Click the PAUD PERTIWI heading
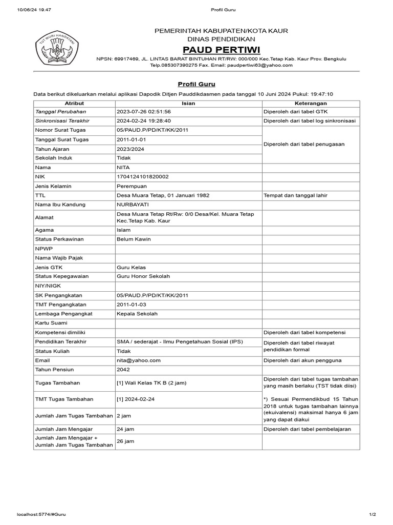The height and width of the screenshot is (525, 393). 222,49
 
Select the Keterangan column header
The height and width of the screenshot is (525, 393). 311,103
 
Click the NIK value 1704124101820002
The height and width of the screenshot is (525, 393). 143,176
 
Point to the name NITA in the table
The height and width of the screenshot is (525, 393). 123,167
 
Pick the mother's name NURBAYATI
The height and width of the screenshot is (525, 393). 135,205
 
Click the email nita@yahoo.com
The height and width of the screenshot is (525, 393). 139,360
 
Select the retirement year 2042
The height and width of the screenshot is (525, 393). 123,370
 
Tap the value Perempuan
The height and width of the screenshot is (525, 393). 132,186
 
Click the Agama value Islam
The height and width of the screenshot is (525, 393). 123,230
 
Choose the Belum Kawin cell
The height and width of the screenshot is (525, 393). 134,239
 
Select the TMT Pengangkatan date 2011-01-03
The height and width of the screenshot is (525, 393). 132,305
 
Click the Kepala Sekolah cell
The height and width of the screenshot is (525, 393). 137,314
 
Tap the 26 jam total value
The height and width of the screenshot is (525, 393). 125,441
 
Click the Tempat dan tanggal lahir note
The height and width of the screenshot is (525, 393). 295,195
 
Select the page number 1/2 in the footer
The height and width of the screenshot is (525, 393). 372,514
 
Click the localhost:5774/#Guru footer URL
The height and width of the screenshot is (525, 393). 41,514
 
